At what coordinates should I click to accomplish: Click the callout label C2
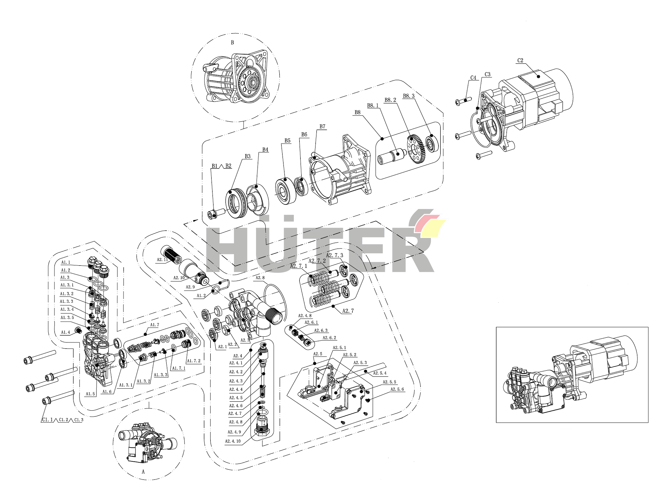point(520,61)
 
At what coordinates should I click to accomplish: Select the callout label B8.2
point(390,100)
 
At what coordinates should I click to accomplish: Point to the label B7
point(322,127)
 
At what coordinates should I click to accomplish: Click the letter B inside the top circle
point(232,42)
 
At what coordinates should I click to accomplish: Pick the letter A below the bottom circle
point(143,472)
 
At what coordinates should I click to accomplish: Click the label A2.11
point(162,260)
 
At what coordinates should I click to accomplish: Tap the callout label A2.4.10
point(233,441)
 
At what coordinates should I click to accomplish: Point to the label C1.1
point(47,420)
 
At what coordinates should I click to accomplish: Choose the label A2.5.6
point(397,389)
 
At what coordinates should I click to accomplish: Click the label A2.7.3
point(334,255)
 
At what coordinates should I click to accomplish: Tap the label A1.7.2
point(194,361)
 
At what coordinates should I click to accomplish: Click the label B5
point(287,141)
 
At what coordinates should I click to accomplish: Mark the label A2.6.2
point(329,338)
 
